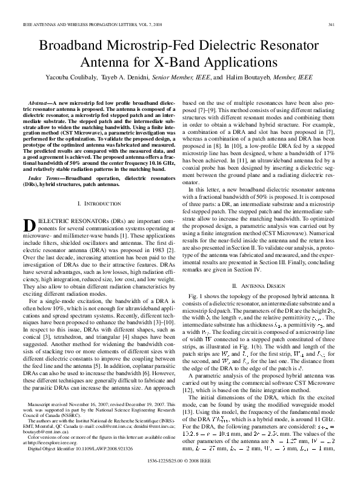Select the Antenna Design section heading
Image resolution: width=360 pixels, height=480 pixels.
click(x=262, y=268)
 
